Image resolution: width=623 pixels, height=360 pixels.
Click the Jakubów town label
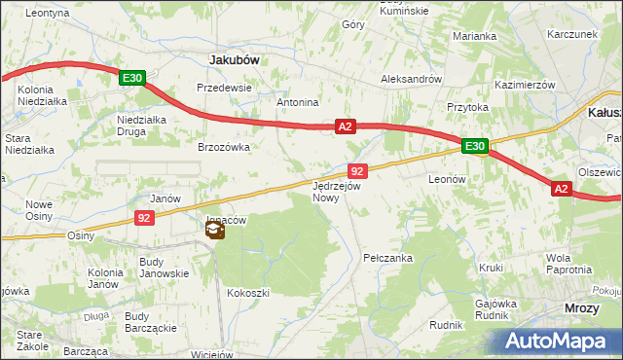pos(234,59)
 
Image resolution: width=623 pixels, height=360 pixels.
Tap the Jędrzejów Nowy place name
pos(337,191)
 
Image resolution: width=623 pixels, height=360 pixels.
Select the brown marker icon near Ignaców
pos(214,231)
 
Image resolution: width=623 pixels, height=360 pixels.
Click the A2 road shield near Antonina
pos(346,126)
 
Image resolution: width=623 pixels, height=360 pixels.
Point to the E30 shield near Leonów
pos(474,147)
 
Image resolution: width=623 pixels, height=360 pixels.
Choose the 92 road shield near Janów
pos(143,218)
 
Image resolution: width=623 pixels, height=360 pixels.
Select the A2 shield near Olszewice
pos(561,189)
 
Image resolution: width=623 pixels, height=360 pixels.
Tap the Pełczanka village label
pos(388,258)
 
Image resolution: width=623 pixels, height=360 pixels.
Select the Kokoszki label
pos(247,292)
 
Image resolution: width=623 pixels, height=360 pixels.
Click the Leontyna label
pos(48,13)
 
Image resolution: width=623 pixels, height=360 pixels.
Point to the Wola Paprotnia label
pos(569,264)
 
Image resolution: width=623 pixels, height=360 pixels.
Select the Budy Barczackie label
pos(150,322)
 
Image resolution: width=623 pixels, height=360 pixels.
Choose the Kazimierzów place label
pos(524,86)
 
